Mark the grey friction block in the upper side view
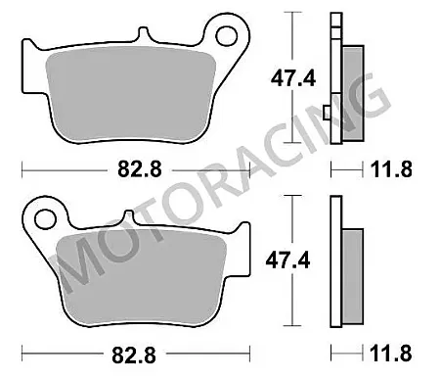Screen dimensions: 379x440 tap(352, 88)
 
